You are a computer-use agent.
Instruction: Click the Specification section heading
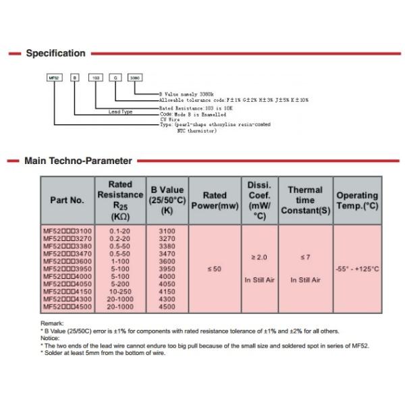coord(55,53)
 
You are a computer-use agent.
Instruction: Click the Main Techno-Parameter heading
coord(78,161)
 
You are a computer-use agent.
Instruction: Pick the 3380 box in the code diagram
coord(134,78)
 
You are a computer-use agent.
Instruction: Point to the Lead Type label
coord(120,112)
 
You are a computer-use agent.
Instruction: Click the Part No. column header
coord(67,200)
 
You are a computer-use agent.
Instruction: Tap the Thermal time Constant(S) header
coord(305,200)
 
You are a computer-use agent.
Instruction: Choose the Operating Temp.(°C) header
coord(357,200)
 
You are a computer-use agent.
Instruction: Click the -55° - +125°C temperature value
coord(357,269)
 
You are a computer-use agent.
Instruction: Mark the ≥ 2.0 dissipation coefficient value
coord(259,257)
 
